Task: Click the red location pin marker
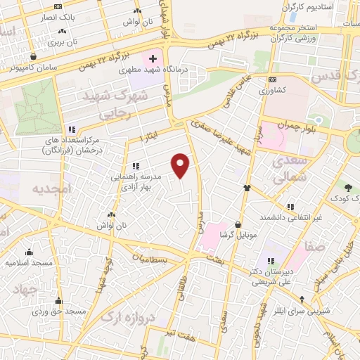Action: coord(181,165)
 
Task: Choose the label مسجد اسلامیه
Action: coord(29,262)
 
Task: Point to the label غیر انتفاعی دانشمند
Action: coord(289,217)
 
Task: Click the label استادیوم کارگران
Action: coord(309,6)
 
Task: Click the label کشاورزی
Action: coord(271,91)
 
